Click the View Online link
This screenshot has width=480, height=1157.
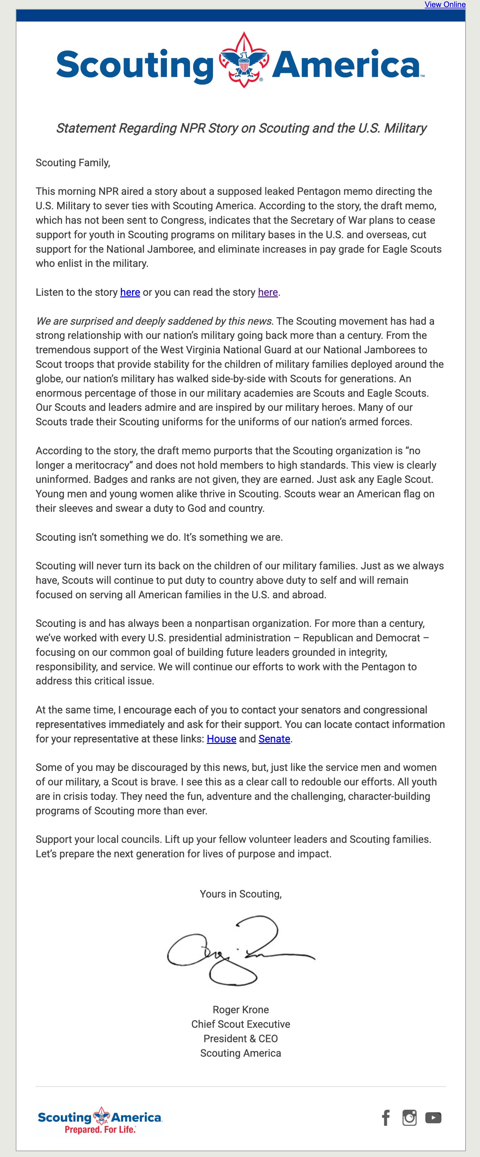445,5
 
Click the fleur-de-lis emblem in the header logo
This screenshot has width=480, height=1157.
243,60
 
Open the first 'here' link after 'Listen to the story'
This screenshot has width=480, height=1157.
130,293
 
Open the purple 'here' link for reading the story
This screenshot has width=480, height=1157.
267,293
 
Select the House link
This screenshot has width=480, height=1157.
222,739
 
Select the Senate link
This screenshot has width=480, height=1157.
274,739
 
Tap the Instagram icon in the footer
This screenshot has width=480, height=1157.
409,1117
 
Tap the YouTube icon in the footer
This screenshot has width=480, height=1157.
433,1117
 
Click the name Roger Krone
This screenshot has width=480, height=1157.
241,1010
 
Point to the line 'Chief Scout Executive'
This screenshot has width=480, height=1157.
241,1024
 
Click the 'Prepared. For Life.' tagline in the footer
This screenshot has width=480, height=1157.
100,1130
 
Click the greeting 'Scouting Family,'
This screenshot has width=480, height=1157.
73,163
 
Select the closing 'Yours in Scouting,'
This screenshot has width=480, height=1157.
241,894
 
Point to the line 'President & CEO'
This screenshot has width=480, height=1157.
241,1038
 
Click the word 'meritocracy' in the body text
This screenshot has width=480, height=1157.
100,465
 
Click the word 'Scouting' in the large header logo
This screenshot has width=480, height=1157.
135,65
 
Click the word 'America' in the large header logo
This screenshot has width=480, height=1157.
346,65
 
